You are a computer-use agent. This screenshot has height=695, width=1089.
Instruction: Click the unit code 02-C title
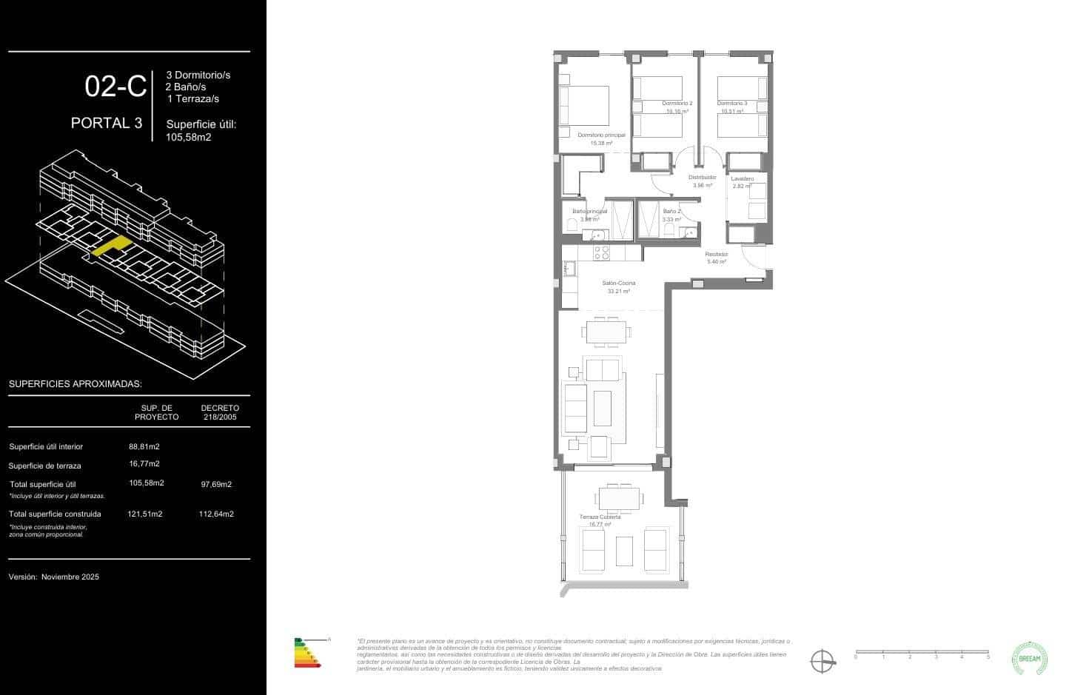115,87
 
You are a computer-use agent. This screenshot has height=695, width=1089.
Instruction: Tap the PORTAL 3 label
107,123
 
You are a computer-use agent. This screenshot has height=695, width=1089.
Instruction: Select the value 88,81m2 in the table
144,446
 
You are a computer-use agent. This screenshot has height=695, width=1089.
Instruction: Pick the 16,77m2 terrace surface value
144,464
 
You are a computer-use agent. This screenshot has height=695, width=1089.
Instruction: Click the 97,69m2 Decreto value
216,485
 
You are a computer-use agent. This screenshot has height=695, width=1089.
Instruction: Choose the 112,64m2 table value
216,514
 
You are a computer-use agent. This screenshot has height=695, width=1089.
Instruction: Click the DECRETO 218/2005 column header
220,412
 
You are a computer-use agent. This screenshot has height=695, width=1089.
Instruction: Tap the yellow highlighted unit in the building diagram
111,246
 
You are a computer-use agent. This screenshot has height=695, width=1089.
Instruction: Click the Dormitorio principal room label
601,135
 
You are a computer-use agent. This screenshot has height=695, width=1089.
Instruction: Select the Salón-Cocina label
618,283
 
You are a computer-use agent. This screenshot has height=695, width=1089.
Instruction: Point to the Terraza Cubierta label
600,517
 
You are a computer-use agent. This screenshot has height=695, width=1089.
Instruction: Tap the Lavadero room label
742,179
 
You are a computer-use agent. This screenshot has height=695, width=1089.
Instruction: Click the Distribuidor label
702,178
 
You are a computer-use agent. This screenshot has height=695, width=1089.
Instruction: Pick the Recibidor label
716,255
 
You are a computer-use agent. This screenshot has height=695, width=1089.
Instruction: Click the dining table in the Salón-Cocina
606,332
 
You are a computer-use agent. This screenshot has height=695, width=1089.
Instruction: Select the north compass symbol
822,660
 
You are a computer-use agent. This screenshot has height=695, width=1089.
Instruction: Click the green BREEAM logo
1030,658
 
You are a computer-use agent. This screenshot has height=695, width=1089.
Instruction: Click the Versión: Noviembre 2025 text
53,577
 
